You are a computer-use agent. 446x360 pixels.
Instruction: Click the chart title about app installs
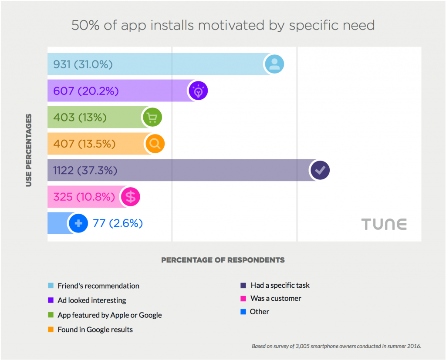223,25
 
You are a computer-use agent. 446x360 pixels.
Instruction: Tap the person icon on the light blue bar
274,64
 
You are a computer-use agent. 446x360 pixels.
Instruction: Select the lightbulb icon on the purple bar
198,91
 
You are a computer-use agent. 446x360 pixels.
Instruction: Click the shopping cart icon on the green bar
152,117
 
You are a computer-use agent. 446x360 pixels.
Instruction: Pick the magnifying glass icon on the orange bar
155,144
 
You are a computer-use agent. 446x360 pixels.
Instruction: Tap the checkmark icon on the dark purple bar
320,170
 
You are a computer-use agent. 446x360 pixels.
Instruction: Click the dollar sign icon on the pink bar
130,197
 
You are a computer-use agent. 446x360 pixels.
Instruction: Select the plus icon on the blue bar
78,223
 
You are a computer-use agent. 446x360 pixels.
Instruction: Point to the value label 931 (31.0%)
83,64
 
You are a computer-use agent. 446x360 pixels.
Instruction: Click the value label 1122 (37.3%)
85,170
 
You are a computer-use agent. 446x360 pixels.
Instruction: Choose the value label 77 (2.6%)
118,223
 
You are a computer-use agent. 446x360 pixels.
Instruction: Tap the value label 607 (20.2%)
86,91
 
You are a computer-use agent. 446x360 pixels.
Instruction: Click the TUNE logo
384,224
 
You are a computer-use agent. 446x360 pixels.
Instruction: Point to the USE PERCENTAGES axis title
29,150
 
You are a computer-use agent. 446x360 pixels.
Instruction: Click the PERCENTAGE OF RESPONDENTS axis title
223,260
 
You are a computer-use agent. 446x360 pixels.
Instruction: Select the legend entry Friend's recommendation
98,286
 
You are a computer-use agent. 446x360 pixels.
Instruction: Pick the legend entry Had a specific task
280,286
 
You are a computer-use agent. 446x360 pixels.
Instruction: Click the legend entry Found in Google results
95,330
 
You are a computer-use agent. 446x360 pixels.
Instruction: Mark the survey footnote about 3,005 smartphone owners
337,347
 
